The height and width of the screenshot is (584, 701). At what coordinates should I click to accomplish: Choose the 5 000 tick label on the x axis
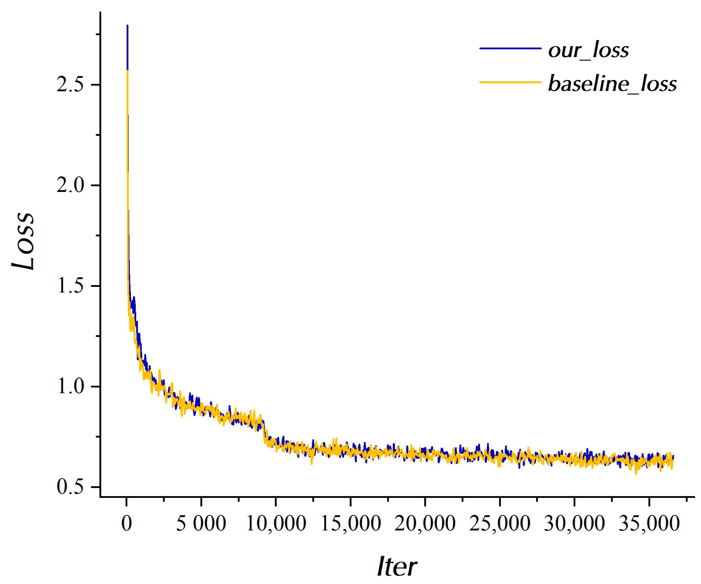point(201,524)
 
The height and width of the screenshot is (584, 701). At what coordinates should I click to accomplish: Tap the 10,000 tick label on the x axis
point(276,524)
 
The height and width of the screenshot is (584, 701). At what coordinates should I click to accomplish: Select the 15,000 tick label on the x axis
point(350,524)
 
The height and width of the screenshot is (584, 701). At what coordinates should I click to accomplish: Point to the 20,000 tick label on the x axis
point(425,524)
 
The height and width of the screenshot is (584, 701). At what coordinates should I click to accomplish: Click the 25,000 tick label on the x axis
point(500,524)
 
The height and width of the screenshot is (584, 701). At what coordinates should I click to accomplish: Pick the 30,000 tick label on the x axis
point(574,524)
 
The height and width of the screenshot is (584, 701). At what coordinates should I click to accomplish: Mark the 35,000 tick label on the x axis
point(649,524)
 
